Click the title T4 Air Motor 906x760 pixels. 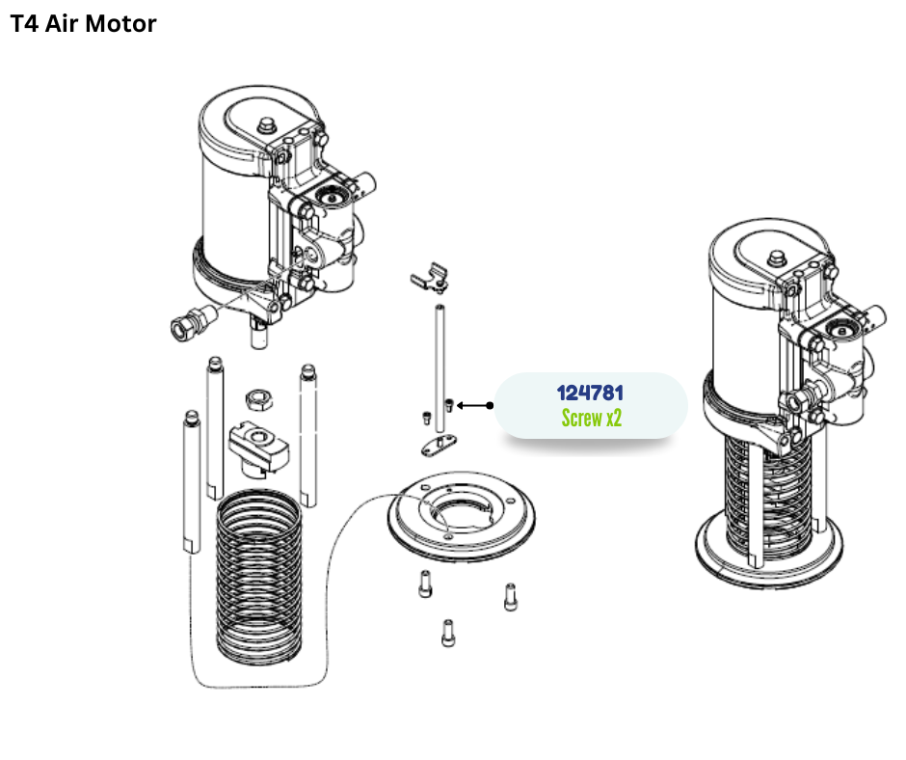point(83,24)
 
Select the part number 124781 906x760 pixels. point(590,394)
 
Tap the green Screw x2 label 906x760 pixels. point(590,419)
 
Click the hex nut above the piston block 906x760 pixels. point(256,397)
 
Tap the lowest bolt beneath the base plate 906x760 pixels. point(447,632)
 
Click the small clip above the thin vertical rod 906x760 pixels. point(428,279)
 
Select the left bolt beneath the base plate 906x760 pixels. point(424,584)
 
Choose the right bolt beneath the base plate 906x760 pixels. point(510,597)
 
